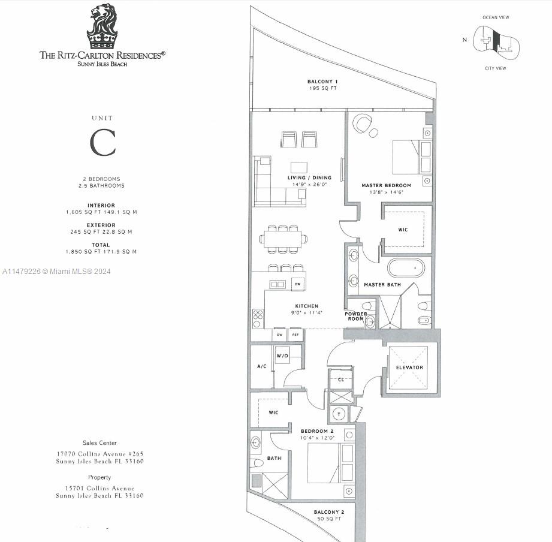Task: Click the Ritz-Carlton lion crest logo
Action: click(x=102, y=26)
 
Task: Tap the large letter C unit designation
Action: click(x=102, y=143)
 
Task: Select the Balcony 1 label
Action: click(x=322, y=82)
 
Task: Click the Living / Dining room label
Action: click(x=309, y=177)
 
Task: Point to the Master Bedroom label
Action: click(x=386, y=185)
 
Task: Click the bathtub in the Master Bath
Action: click(x=409, y=267)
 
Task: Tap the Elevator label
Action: click(x=409, y=367)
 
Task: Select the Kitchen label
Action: click(x=306, y=306)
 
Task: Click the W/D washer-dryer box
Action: click(x=282, y=356)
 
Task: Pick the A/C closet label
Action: click(x=261, y=366)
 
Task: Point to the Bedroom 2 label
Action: click(x=313, y=431)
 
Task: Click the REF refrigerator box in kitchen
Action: click(x=295, y=335)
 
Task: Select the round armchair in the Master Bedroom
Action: click(x=363, y=124)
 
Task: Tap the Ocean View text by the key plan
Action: click(x=496, y=17)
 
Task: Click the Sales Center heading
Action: click(x=99, y=442)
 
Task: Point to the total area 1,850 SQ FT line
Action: click(x=101, y=252)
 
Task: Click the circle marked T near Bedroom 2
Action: click(x=339, y=414)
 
